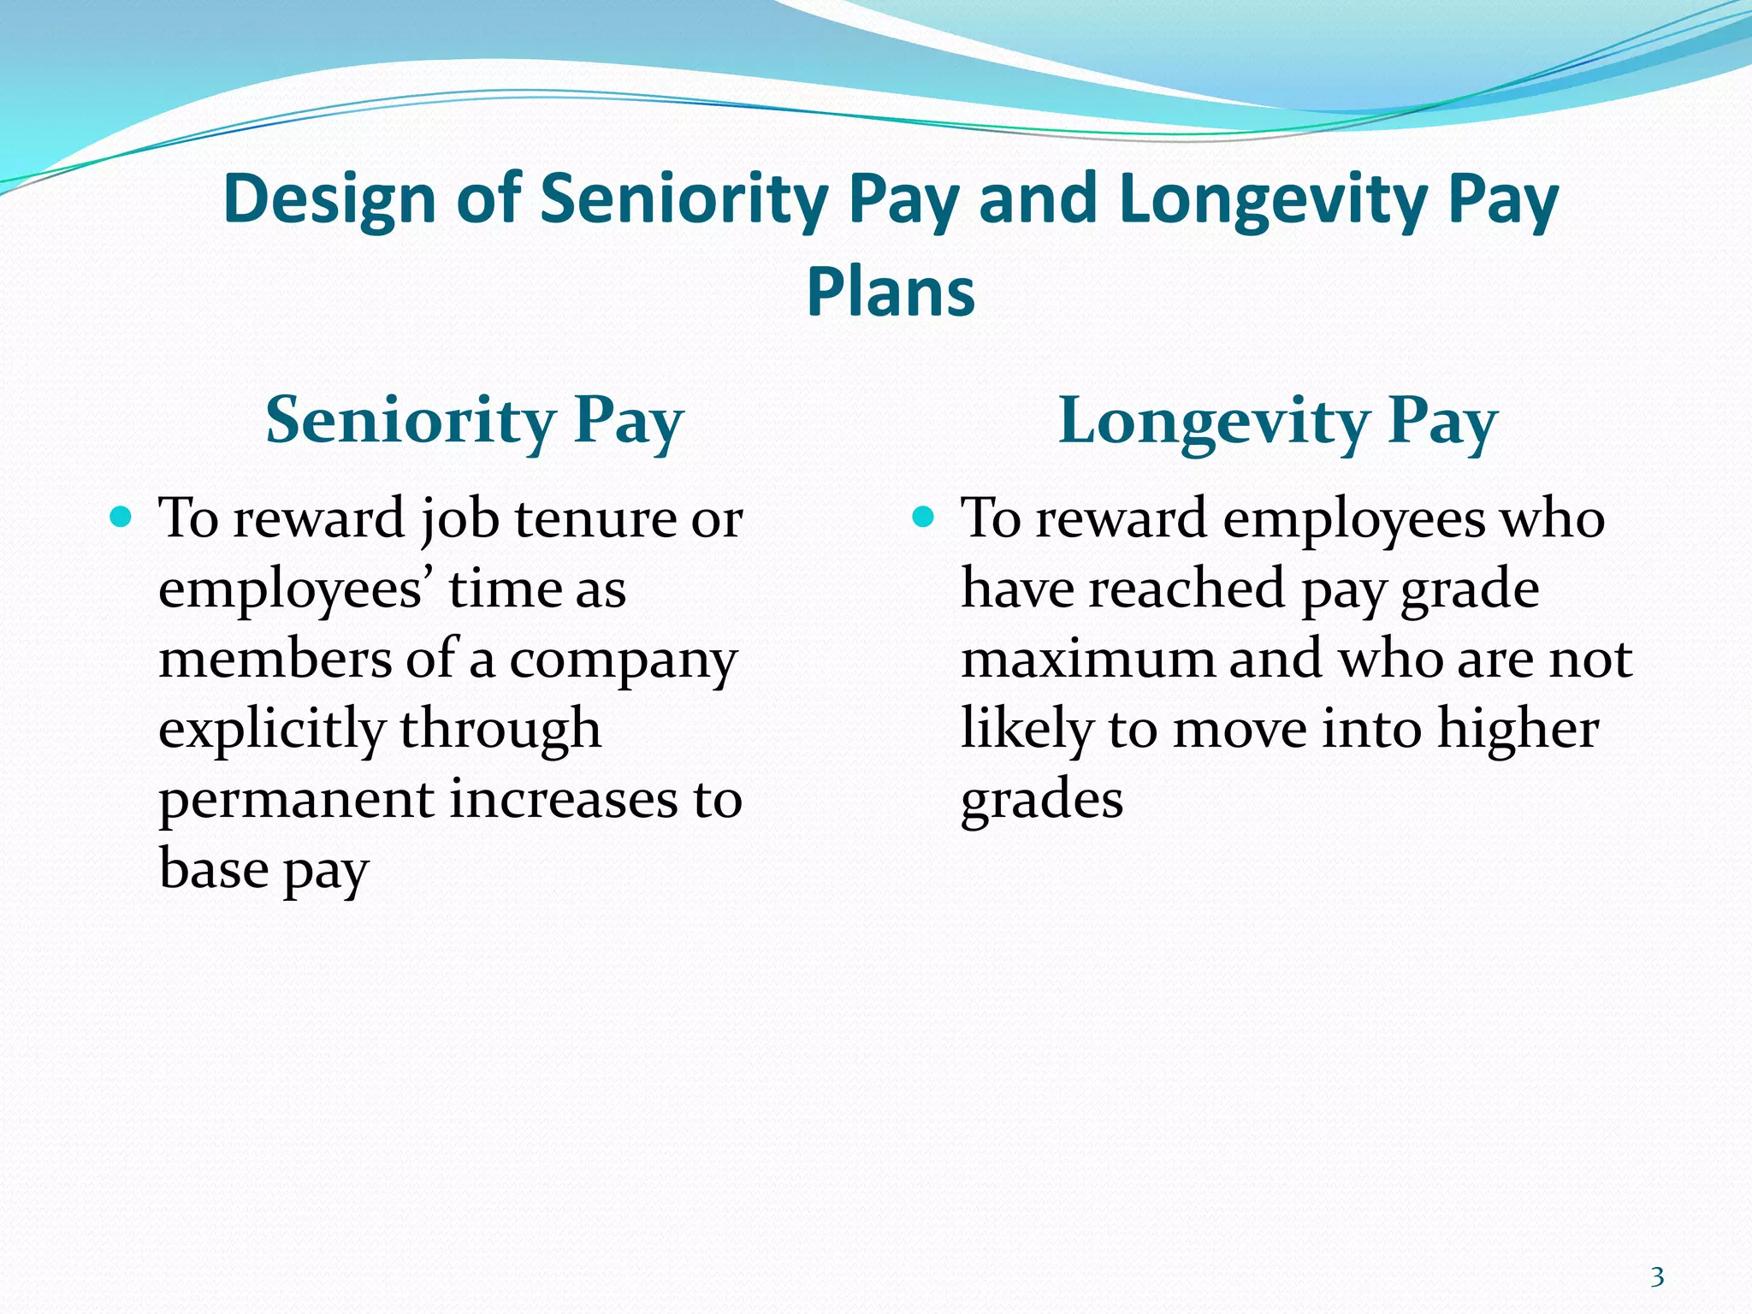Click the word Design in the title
[330, 199]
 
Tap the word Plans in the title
[890, 292]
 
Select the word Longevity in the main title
[1273, 199]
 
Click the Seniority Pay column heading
[475, 421]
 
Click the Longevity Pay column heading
[1277, 421]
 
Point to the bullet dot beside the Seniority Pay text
[121, 517]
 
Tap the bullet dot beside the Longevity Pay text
[922, 517]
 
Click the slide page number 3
[1657, 1277]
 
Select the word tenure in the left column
[594, 518]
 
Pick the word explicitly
[272, 730]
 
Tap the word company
[623, 660]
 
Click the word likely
[1027, 730]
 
